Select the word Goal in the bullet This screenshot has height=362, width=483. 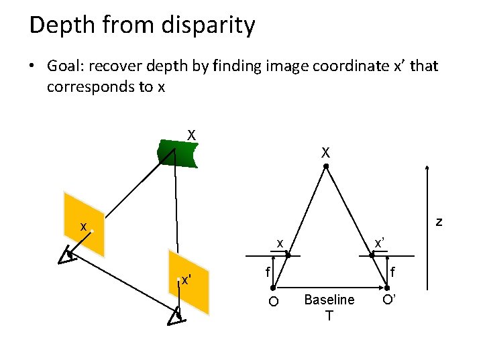[63, 66]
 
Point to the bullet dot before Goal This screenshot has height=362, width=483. [32, 66]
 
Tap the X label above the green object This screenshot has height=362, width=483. [191, 135]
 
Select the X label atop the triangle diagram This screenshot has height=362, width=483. [325, 153]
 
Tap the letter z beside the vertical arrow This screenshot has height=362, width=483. [439, 221]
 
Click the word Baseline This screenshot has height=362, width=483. [329, 300]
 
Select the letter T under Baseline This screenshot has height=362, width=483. [329, 315]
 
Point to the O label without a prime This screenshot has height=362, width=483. [273, 301]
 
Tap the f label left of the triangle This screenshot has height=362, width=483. [267, 272]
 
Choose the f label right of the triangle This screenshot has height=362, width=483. [394, 273]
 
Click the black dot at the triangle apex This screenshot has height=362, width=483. [325, 166]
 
